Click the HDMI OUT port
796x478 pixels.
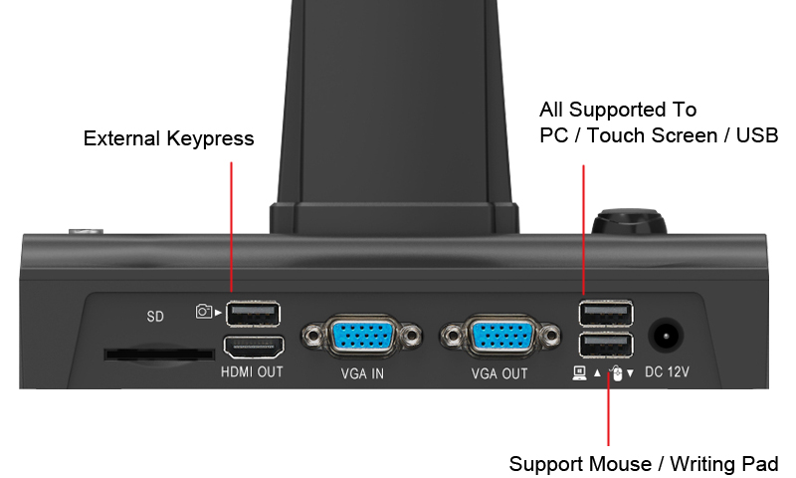(x=254, y=348)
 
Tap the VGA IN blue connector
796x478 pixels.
(x=362, y=336)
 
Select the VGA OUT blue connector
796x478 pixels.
(x=500, y=336)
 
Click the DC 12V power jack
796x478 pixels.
(x=666, y=335)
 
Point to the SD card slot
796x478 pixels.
(x=159, y=355)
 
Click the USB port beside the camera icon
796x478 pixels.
(x=253, y=314)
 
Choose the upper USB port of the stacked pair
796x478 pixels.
(x=606, y=313)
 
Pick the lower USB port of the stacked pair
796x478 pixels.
(x=606, y=346)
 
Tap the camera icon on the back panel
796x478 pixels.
(x=204, y=311)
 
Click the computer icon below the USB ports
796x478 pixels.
(x=579, y=373)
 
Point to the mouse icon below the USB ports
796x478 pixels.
(x=616, y=373)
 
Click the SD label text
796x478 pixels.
(x=155, y=317)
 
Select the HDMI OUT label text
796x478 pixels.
(x=252, y=371)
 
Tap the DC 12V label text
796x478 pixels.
(x=667, y=371)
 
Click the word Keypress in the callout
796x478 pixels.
(x=210, y=138)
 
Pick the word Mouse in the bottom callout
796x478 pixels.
(x=603, y=464)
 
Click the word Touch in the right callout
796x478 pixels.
(x=616, y=135)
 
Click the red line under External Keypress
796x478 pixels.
(x=232, y=227)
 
